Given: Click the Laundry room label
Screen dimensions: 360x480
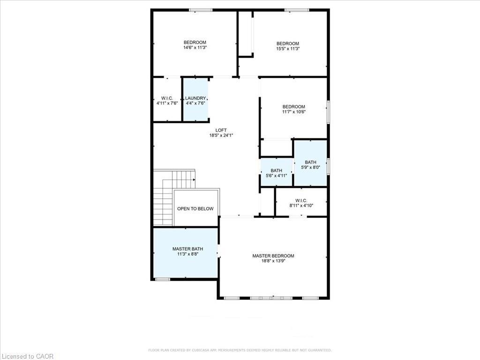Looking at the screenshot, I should (x=195, y=98).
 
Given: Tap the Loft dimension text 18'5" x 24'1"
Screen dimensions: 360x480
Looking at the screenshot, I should (x=221, y=135).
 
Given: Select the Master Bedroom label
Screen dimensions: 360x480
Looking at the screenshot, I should (x=273, y=256).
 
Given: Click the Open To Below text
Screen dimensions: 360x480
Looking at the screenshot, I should (x=195, y=209).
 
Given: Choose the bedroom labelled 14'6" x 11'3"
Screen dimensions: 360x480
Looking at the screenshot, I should (x=195, y=45).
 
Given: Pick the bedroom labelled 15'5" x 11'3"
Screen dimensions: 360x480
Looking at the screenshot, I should (x=287, y=46).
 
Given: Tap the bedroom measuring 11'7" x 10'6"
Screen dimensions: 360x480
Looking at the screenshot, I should (x=293, y=109).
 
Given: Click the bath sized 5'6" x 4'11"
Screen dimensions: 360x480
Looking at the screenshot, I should (x=276, y=173).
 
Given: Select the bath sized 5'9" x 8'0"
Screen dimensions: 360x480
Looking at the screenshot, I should (x=310, y=165).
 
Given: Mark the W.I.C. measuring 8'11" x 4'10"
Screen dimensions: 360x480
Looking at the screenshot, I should (x=301, y=202).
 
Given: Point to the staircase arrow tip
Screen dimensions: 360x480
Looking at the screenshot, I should (x=195, y=179).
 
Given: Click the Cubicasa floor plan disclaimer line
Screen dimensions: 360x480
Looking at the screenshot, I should (x=240, y=350).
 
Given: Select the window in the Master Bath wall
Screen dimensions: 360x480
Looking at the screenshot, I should (x=162, y=279).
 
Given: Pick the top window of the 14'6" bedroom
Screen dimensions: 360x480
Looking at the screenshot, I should (x=201, y=10).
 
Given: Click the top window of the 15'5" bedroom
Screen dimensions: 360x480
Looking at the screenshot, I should (x=296, y=10).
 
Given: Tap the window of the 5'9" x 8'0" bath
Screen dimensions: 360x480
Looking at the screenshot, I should (x=328, y=165).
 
